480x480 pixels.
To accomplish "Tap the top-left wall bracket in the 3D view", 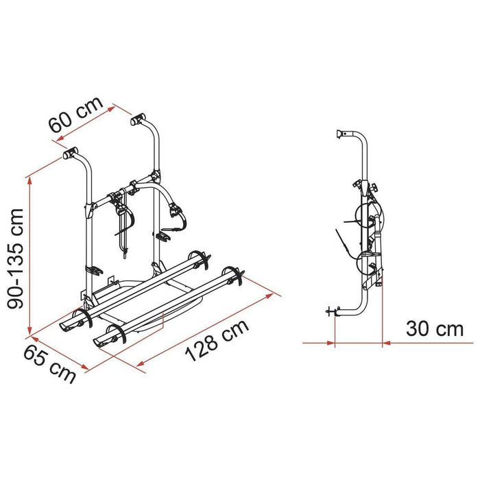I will (71, 154).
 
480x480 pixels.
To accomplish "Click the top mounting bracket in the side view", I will (341, 134).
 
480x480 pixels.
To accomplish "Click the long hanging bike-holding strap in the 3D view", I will (124, 230).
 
